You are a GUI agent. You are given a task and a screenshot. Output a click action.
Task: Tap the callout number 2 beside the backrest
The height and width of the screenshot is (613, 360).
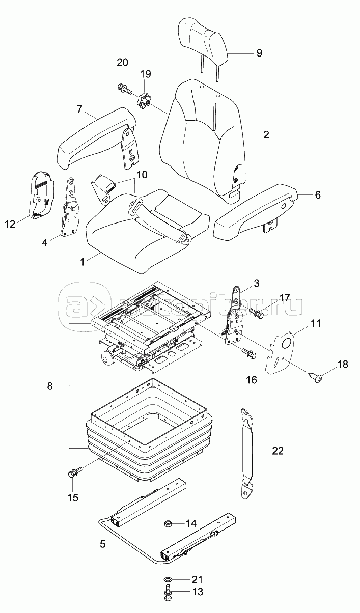[266, 134]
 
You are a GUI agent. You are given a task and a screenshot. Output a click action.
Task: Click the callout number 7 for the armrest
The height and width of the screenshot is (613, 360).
[79, 109]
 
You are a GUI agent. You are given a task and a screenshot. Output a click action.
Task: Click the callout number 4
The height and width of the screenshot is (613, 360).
[45, 242]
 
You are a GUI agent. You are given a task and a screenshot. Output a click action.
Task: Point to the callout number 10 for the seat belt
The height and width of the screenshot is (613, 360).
[141, 174]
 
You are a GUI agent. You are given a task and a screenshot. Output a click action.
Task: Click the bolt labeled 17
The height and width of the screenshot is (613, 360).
[257, 313]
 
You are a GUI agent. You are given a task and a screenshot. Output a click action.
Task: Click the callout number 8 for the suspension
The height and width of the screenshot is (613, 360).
[50, 386]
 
